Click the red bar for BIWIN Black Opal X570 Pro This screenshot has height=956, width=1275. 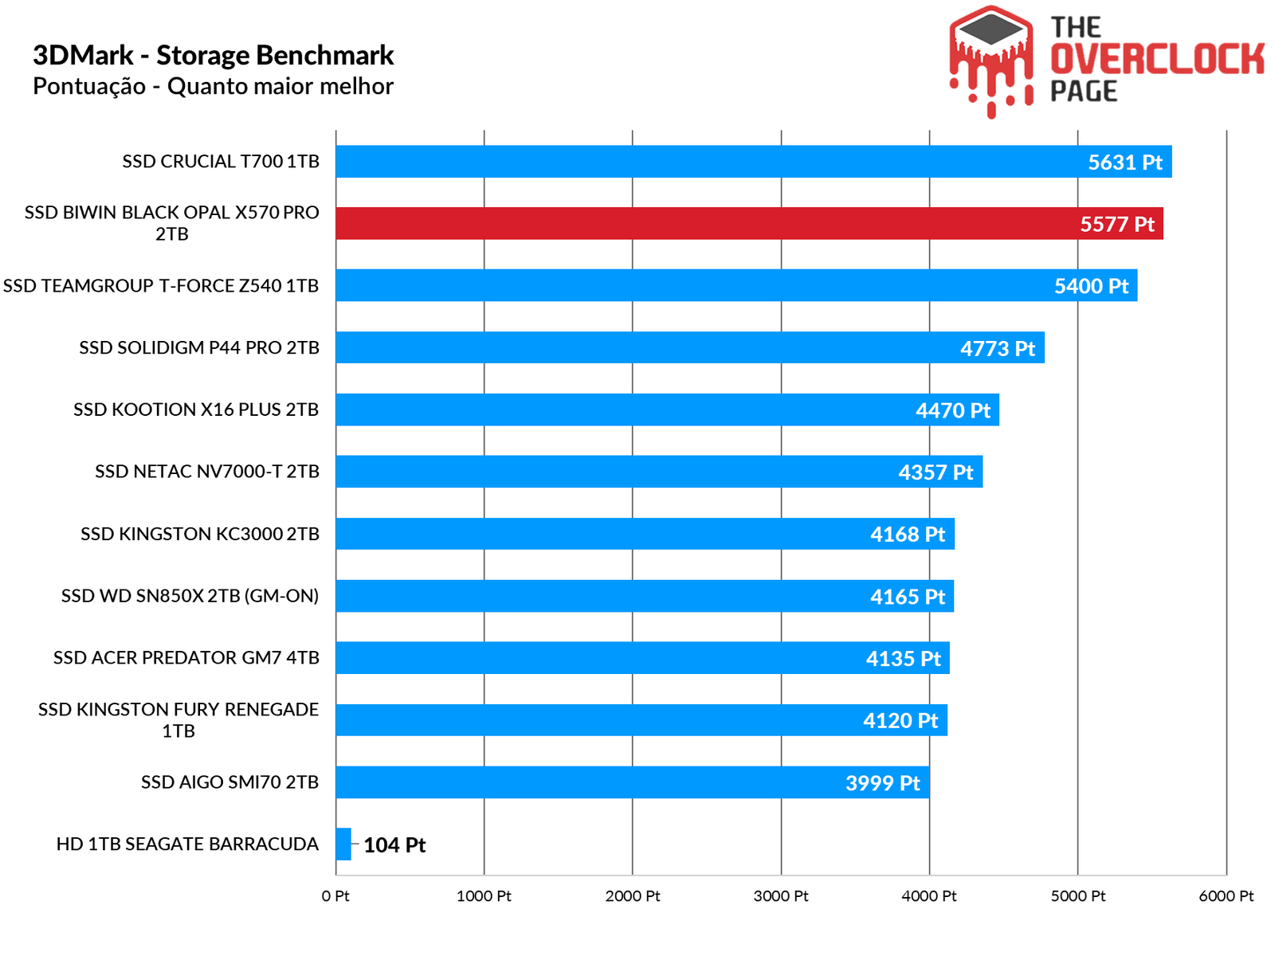pyautogui.click(x=749, y=224)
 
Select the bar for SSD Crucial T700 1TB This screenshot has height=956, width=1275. pyautogui.click(x=753, y=162)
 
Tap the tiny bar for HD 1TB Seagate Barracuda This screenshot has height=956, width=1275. pyautogui.click(x=343, y=844)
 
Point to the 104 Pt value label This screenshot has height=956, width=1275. pyautogui.click(x=394, y=845)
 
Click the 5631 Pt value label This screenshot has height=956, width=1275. pyautogui.click(x=1124, y=163)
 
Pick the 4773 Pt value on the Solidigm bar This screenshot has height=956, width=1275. pyautogui.click(x=997, y=349)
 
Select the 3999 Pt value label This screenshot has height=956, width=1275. pyautogui.click(x=882, y=783)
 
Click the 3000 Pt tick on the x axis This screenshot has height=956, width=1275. pyautogui.click(x=781, y=896)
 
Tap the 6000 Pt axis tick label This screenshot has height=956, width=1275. pyautogui.click(x=1226, y=896)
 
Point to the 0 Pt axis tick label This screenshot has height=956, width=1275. pyautogui.click(x=335, y=896)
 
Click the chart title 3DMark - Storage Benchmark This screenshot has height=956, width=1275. pyautogui.click(x=213, y=56)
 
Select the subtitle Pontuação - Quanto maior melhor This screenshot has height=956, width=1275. pyautogui.click(x=213, y=86)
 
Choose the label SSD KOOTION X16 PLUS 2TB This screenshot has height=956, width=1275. pyautogui.click(x=196, y=409)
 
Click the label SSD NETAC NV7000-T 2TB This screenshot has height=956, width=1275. pyautogui.click(x=207, y=472)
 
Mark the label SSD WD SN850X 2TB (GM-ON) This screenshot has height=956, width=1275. pyautogui.click(x=190, y=596)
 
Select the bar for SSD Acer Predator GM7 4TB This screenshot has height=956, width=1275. pyautogui.click(x=642, y=658)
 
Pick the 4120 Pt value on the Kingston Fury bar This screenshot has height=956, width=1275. pyautogui.click(x=900, y=721)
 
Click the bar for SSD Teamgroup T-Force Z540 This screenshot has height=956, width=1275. pyautogui.click(x=736, y=285)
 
